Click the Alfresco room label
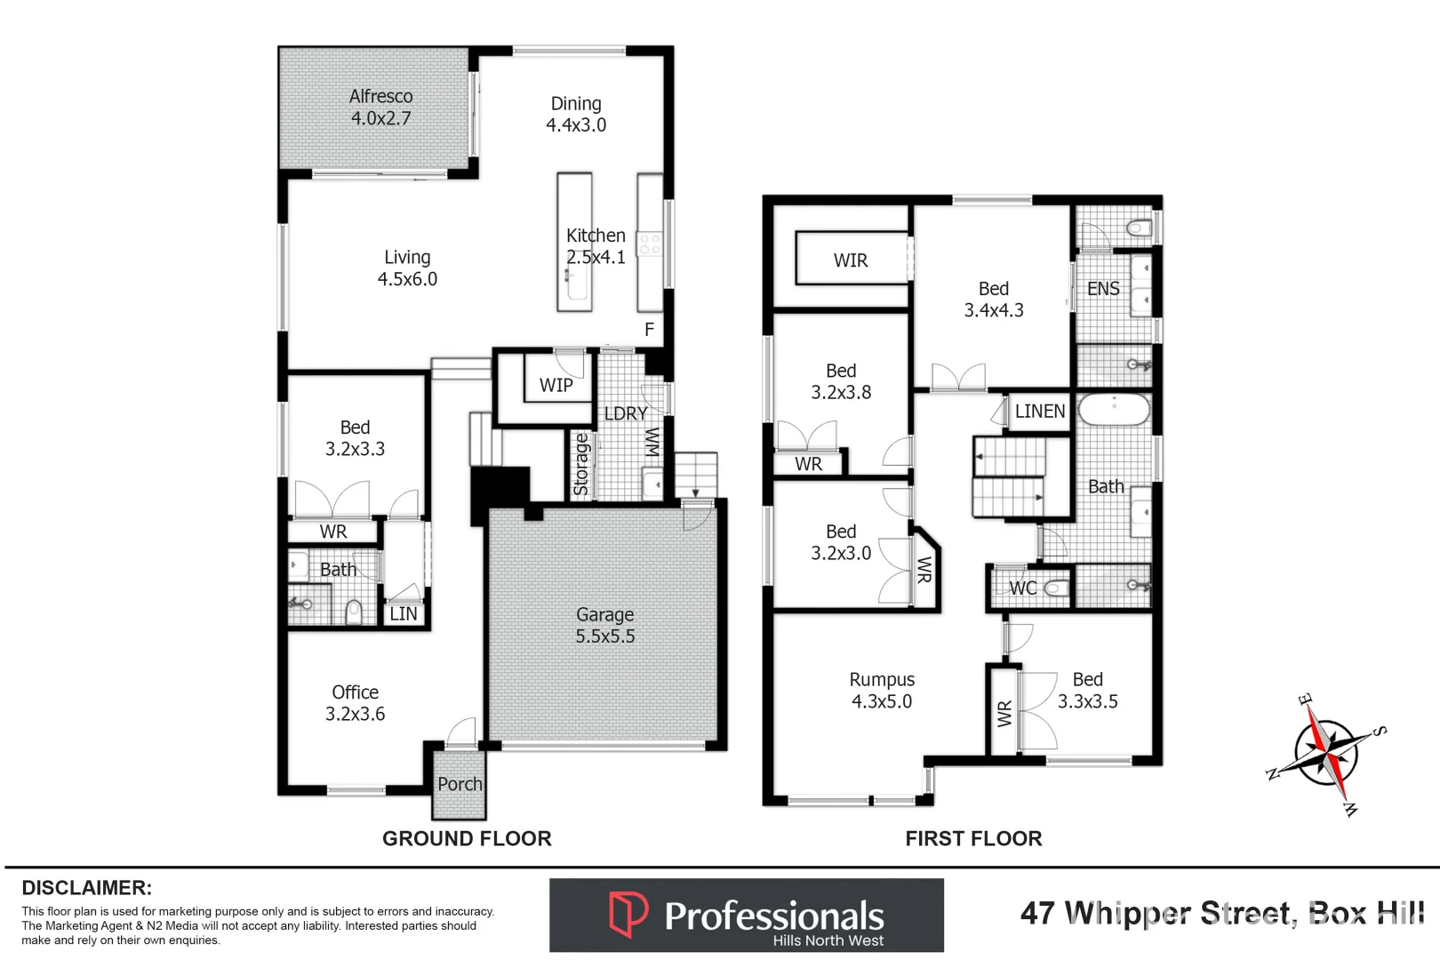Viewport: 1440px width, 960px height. (x=380, y=107)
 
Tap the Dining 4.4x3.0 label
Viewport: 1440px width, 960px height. (x=576, y=115)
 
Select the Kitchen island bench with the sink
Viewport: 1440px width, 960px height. (x=574, y=242)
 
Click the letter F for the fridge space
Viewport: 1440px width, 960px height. (x=649, y=330)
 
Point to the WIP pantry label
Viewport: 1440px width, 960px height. (x=556, y=385)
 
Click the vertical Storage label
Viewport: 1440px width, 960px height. (x=581, y=464)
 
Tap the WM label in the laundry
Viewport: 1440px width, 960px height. (x=652, y=442)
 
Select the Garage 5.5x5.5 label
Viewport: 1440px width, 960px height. (x=604, y=625)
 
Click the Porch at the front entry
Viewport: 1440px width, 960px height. (x=460, y=784)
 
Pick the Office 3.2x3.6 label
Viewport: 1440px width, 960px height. (x=355, y=702)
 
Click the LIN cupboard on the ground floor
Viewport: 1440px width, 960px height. (x=403, y=613)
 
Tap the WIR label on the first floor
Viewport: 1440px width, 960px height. (x=850, y=260)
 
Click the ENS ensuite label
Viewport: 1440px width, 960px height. (x=1103, y=289)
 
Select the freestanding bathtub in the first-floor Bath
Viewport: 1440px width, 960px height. (x=1114, y=411)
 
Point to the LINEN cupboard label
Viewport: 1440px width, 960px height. (x=1039, y=412)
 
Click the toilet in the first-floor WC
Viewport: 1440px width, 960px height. (x=1056, y=588)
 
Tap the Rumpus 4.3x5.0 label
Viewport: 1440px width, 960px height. (x=881, y=690)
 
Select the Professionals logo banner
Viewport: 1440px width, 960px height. (x=746, y=916)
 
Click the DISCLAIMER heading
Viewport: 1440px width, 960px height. (x=86, y=888)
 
